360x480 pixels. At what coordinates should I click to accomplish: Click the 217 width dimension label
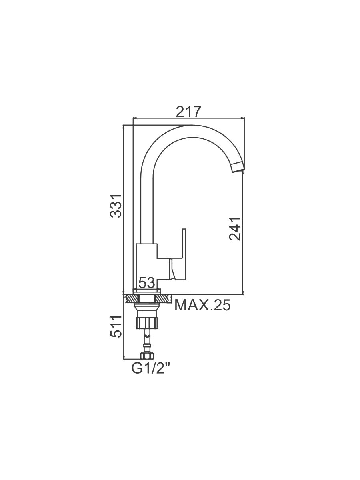point(188,112)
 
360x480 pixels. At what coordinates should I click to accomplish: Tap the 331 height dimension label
point(116,206)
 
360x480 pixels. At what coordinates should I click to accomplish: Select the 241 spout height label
point(235,229)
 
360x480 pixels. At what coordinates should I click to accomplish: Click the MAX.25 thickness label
point(202,305)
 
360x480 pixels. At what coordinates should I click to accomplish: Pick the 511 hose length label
point(116,326)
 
